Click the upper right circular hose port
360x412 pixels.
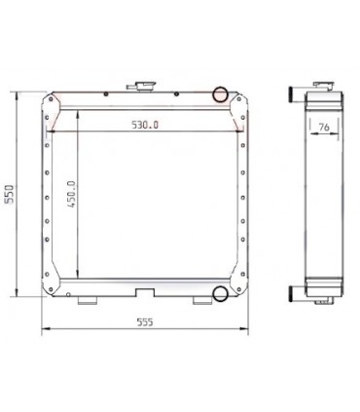click(x=220, y=95)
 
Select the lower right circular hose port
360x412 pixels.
click(x=220, y=292)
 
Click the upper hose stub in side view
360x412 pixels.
click(x=293, y=95)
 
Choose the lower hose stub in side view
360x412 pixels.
click(x=293, y=292)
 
